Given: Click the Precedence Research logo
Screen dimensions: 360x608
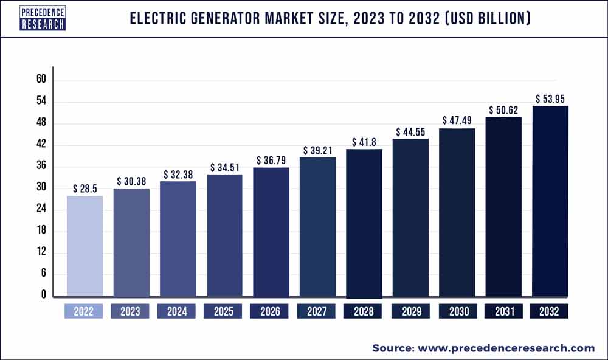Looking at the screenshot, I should pos(42,19).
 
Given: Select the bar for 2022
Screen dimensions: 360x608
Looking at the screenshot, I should pos(85,246).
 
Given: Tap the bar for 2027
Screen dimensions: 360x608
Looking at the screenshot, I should pos(317,227).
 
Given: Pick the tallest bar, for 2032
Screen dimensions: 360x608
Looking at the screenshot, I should pos(550,201).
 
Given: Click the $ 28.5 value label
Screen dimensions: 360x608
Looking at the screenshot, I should pos(85,189).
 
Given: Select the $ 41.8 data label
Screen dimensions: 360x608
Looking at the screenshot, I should pos(364,142).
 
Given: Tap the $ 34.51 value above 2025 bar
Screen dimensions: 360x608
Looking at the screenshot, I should pos(224,167).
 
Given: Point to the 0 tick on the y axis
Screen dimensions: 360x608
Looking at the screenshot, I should pos(43,295).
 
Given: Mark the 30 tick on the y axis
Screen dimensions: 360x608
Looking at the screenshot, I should pos(41,188).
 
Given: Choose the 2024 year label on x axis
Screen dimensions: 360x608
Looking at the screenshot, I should pos(177,311).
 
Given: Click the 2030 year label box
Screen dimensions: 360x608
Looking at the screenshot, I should pos(457,311).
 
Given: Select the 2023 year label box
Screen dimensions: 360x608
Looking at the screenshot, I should pos(131,311).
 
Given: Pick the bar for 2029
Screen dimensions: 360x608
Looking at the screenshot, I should pos(410,218).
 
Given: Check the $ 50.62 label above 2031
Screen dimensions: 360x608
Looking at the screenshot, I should pos(503,110).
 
